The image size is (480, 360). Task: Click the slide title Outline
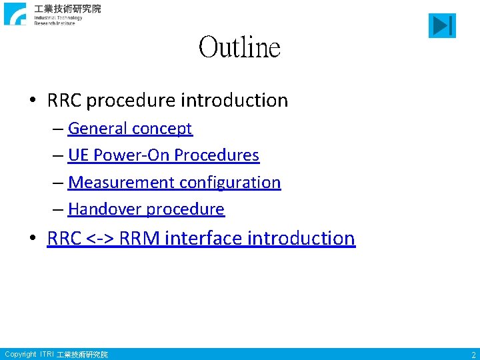[239, 48]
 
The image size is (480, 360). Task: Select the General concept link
[130, 128]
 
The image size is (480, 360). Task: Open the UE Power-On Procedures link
[163, 155]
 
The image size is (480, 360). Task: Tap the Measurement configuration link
[174, 182]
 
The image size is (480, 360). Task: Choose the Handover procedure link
[146, 209]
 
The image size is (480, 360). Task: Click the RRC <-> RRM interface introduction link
[201, 238]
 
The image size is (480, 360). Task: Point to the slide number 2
[472, 355]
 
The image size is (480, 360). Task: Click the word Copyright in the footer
[20, 354]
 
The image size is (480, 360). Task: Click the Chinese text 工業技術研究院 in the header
[67, 9]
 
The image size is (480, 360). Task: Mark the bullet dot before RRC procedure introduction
[33, 101]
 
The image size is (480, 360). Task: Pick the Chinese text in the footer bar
[82, 355]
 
